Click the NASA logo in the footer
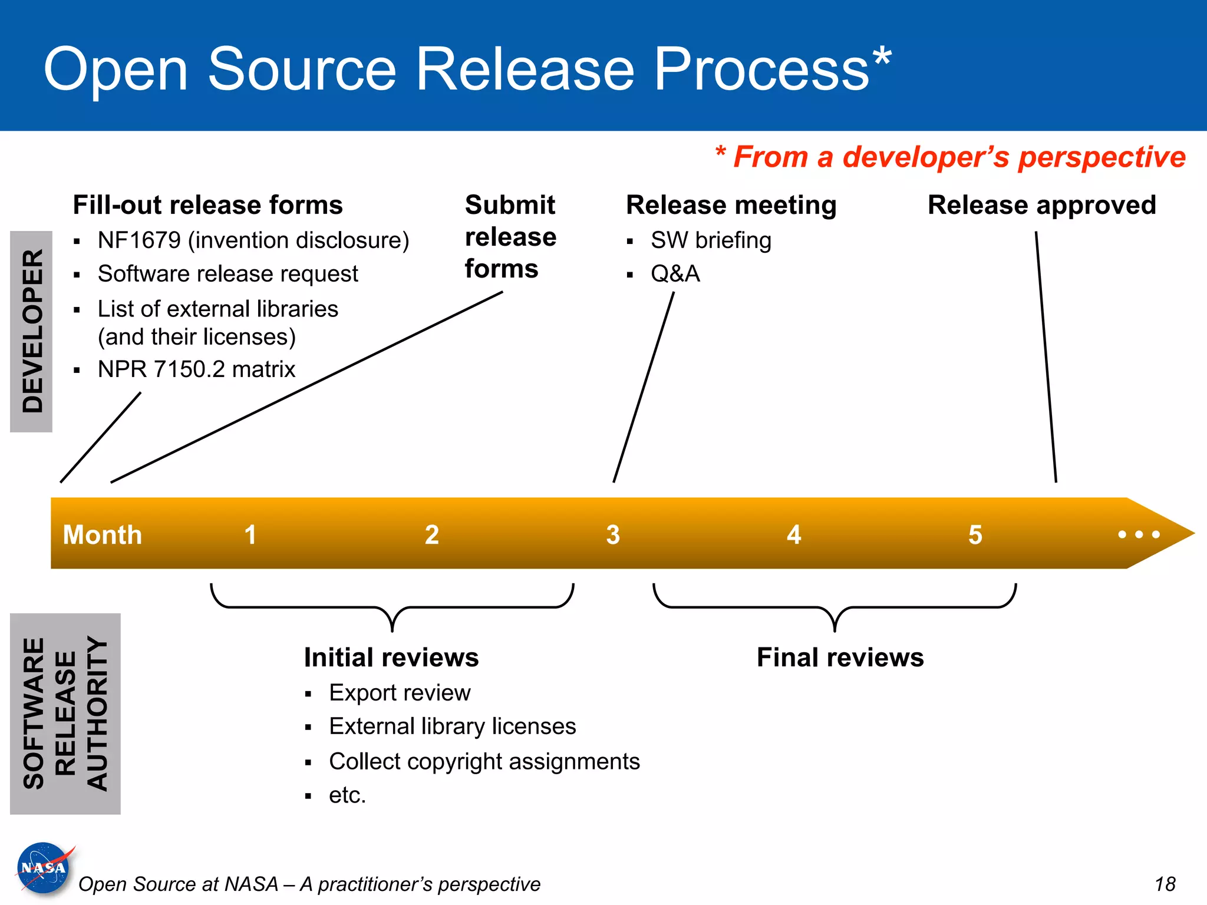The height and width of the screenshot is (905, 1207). (43, 868)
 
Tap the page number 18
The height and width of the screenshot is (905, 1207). (1165, 884)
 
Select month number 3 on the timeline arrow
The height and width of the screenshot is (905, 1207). (613, 534)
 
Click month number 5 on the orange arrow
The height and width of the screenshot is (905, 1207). (975, 534)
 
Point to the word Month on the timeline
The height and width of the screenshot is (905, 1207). (103, 534)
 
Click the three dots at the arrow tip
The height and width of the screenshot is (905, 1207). (1139, 534)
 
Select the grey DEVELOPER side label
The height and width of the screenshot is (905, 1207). (32, 331)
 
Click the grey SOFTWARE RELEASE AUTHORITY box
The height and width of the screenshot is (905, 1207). (65, 714)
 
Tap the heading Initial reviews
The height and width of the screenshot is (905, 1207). (391, 657)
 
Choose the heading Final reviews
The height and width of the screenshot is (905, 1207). (840, 657)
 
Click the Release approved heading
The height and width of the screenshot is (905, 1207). (1041, 205)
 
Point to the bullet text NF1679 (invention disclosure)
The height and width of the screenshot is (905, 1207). (253, 240)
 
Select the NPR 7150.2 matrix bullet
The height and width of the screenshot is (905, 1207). (196, 369)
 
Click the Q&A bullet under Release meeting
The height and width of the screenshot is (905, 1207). (675, 274)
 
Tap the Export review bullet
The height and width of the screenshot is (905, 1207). (400, 693)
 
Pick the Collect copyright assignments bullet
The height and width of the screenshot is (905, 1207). (484, 761)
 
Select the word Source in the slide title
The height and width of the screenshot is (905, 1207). (302, 69)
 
